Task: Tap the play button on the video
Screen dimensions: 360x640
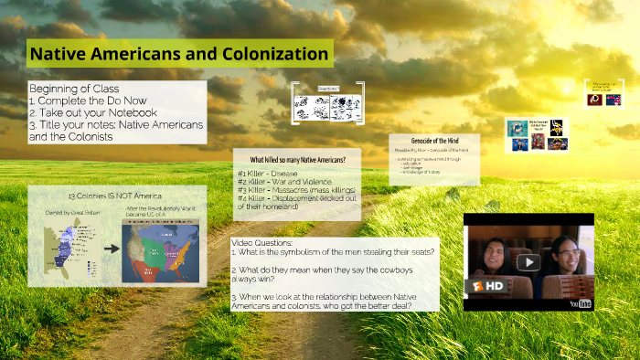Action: coord(528,262)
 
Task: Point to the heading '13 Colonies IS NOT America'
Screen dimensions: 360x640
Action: coord(115,196)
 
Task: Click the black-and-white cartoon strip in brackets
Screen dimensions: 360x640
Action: coord(327,104)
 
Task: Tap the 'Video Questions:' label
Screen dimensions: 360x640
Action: coord(262,242)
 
